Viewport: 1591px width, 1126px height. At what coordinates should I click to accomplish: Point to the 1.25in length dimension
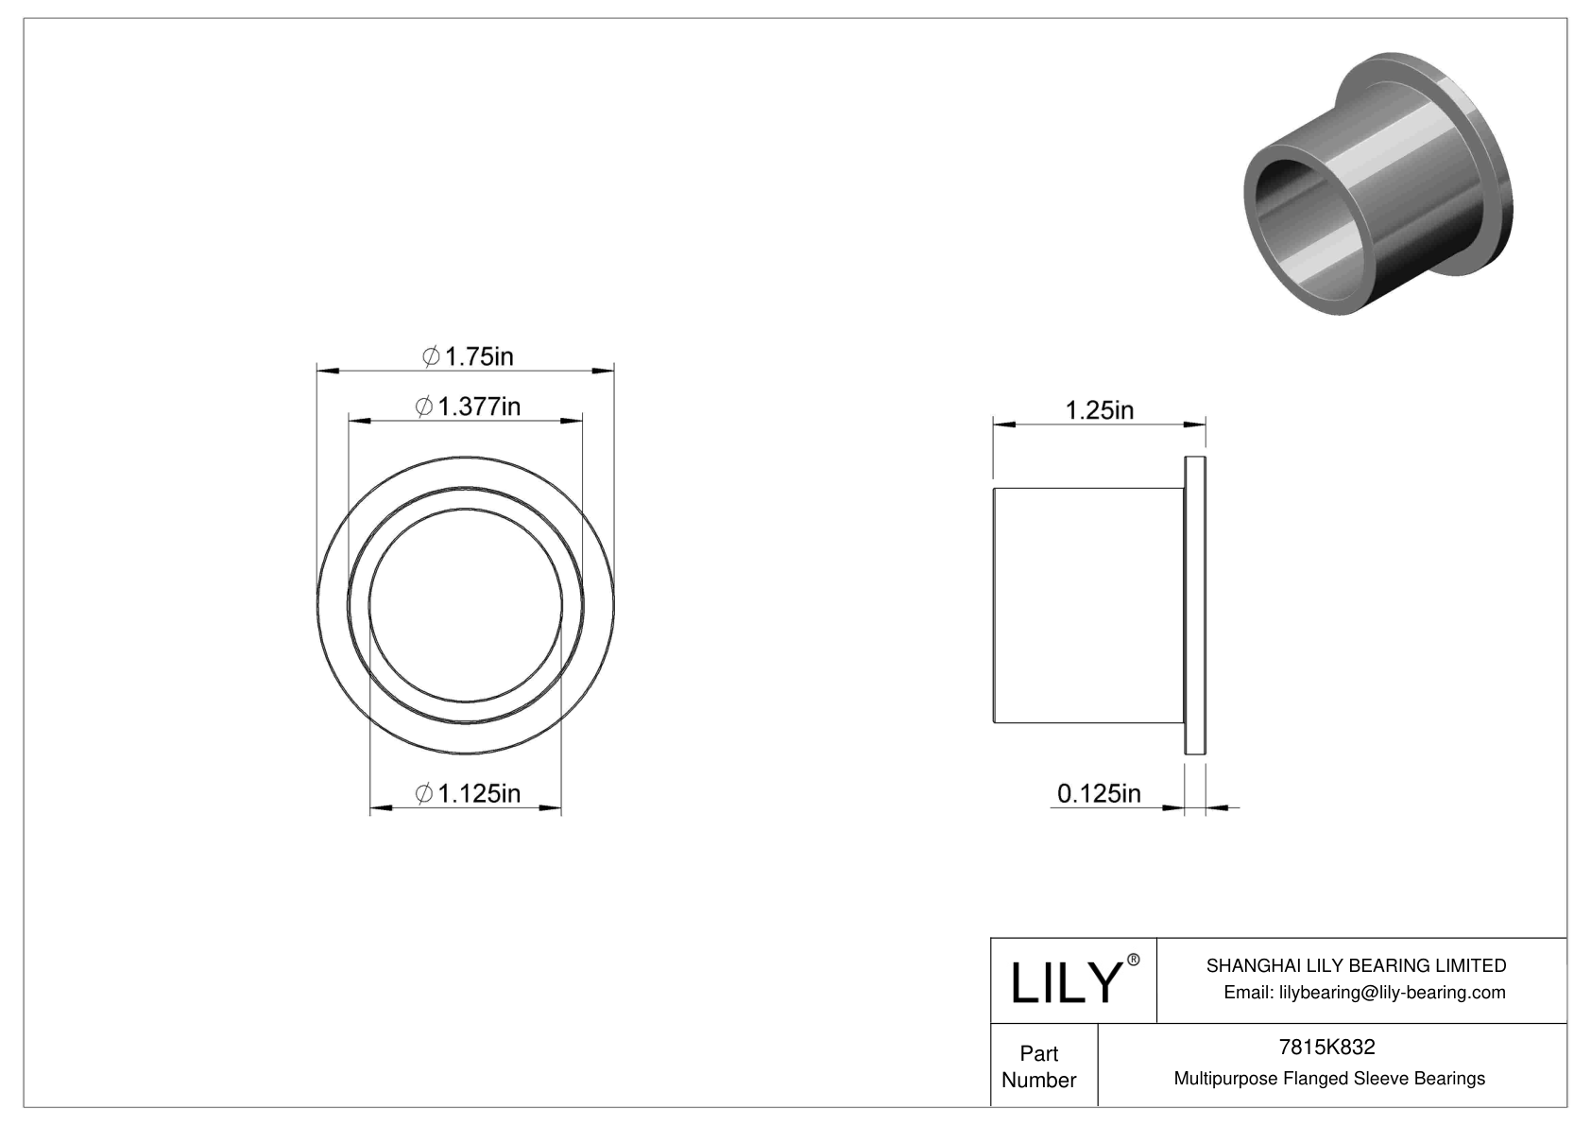(x=1100, y=409)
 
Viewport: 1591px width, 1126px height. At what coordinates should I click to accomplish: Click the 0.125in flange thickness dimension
(x=1099, y=792)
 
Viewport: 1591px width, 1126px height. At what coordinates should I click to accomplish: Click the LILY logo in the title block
(x=1065, y=982)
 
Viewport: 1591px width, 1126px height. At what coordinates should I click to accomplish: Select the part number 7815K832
(x=1326, y=1047)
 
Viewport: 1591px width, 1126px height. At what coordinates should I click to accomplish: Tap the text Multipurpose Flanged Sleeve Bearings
(x=1329, y=1078)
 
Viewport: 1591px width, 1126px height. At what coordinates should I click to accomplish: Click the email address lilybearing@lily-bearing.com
(x=1364, y=992)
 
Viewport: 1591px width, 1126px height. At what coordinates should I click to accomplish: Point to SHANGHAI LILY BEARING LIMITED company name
(x=1356, y=965)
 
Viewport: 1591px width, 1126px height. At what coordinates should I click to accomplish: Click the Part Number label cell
(x=1039, y=1065)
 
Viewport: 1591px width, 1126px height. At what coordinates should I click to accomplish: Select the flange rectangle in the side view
(x=1195, y=605)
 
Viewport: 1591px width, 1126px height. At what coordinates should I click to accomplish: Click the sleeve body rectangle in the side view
(x=1086, y=605)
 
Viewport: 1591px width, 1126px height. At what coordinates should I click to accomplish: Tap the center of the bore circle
(x=466, y=605)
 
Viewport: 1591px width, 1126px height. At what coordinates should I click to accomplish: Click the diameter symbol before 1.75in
(x=431, y=356)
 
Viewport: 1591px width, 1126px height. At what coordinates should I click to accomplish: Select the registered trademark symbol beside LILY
(x=1134, y=960)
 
